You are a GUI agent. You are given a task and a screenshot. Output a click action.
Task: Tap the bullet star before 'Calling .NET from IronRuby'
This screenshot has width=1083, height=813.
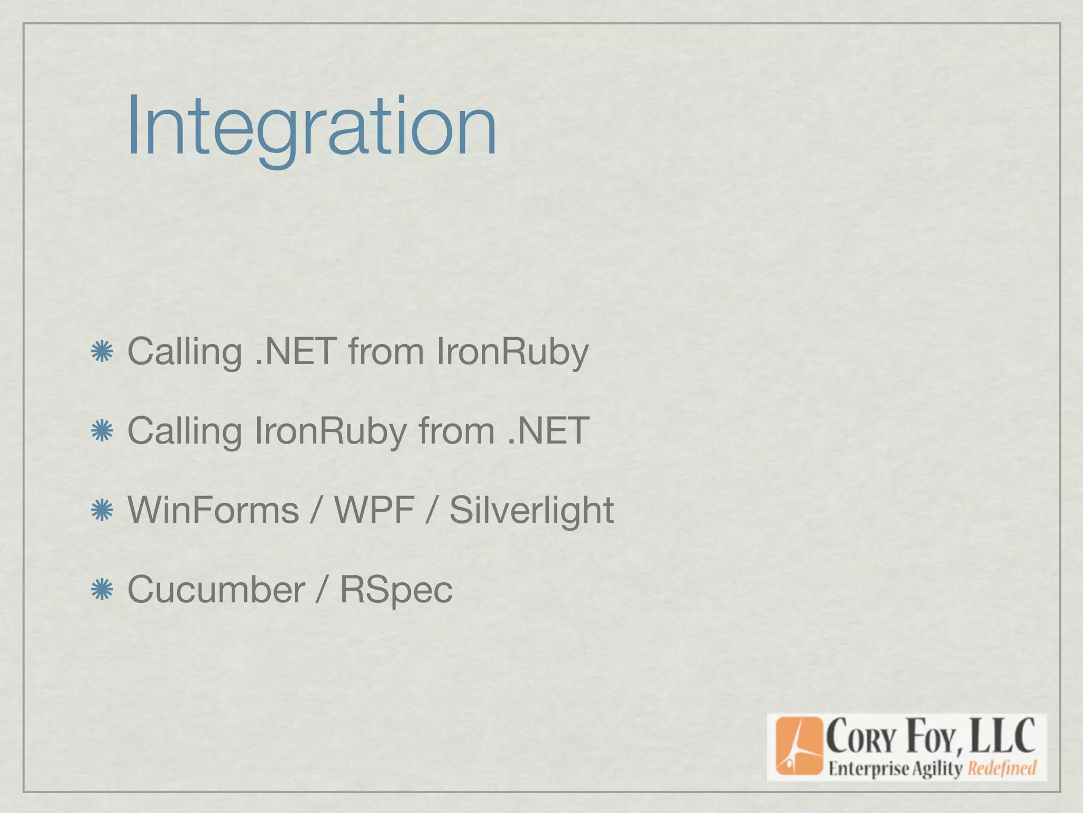[102, 352]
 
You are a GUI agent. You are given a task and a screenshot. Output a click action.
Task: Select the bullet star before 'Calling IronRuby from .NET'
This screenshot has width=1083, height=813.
[102, 431]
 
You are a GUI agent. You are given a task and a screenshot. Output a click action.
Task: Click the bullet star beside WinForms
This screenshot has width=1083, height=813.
[102, 511]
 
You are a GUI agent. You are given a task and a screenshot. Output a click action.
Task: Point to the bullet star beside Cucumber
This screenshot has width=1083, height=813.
[102, 590]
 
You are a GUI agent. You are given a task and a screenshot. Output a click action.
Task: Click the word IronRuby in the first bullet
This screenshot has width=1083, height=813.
[512, 352]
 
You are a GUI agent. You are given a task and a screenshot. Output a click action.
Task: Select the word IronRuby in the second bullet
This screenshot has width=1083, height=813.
[330, 431]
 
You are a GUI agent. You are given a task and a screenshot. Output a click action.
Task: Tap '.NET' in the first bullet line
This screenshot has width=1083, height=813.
[295, 352]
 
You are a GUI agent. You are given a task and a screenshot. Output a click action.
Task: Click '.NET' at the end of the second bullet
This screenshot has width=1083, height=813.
[548, 431]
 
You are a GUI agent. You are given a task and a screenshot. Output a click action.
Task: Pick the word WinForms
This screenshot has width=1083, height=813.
[213, 511]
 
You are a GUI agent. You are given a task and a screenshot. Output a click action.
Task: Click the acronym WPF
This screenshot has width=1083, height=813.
[374, 511]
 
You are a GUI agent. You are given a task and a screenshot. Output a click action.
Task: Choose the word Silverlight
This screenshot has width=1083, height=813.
[531, 511]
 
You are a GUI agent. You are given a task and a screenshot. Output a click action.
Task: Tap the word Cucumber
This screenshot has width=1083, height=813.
[216, 590]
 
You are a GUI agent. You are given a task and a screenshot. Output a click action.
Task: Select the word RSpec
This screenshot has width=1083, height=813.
[396, 590]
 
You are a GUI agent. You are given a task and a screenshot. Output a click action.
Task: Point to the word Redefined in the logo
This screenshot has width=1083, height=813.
[1002, 768]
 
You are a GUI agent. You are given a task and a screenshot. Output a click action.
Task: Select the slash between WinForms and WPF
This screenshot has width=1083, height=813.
[316, 511]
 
